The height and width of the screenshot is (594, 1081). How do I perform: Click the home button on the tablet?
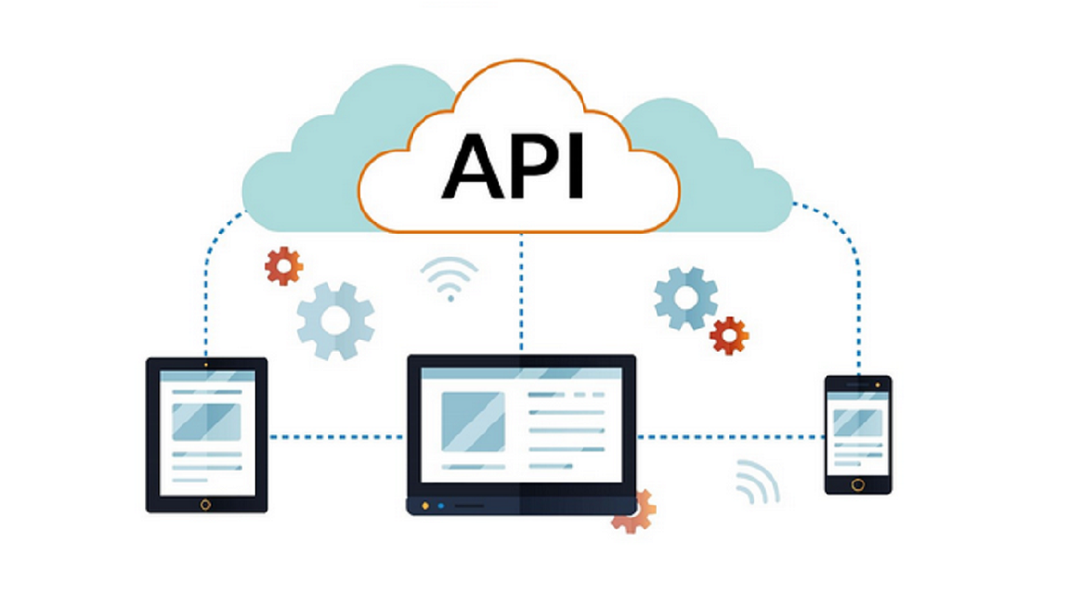pyautogui.click(x=206, y=504)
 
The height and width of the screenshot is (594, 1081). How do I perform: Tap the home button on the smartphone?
pyautogui.click(x=857, y=484)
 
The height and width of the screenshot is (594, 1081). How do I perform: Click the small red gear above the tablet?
pyautogui.click(x=283, y=266)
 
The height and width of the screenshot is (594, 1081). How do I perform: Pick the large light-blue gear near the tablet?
pyautogui.click(x=335, y=321)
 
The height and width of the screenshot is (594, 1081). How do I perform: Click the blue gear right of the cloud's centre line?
pyautogui.click(x=685, y=299)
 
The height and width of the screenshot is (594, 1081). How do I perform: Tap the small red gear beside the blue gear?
pyautogui.click(x=729, y=335)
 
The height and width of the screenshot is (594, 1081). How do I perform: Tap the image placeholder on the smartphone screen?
pyautogui.click(x=857, y=422)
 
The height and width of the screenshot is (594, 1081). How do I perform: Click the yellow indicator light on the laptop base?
pyautogui.click(x=425, y=506)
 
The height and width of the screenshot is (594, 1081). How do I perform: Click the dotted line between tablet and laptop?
pyautogui.click(x=336, y=436)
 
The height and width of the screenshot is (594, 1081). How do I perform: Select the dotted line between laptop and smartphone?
pyautogui.click(x=730, y=436)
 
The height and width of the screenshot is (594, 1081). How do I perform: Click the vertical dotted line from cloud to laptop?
pyautogui.click(x=521, y=292)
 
